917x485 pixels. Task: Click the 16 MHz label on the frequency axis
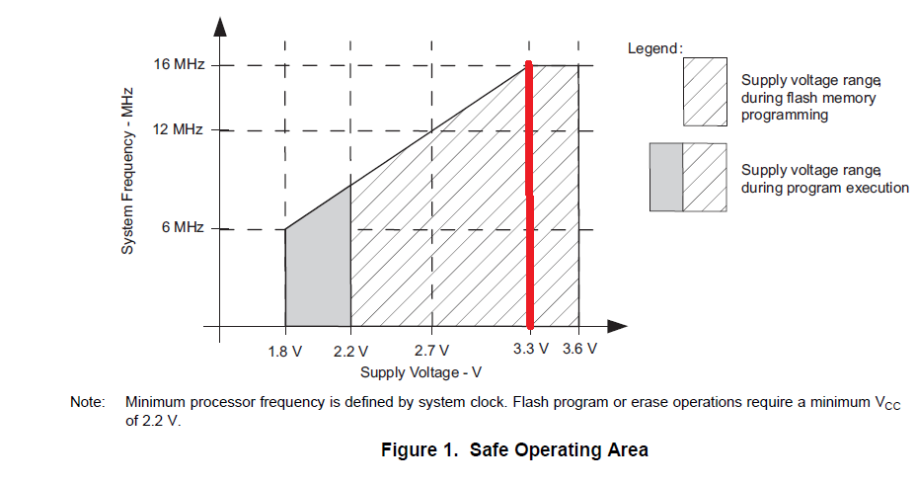tap(179, 65)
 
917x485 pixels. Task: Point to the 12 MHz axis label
tap(179, 129)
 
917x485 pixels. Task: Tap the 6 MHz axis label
tap(183, 228)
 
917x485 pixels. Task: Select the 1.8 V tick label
tap(285, 352)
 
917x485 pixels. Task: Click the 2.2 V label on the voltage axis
tap(350, 352)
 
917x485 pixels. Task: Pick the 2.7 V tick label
tap(431, 352)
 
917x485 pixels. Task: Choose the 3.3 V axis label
tap(530, 352)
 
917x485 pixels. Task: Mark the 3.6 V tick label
tap(579, 352)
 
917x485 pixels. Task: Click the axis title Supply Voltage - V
tap(420, 372)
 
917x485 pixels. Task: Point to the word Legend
tap(654, 48)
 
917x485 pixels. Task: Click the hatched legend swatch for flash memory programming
tap(705, 91)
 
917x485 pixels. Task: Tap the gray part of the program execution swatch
tap(666, 177)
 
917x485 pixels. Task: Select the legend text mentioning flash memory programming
tap(809, 97)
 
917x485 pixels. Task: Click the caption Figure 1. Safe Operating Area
tap(514, 450)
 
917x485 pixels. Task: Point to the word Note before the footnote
tap(86, 403)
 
